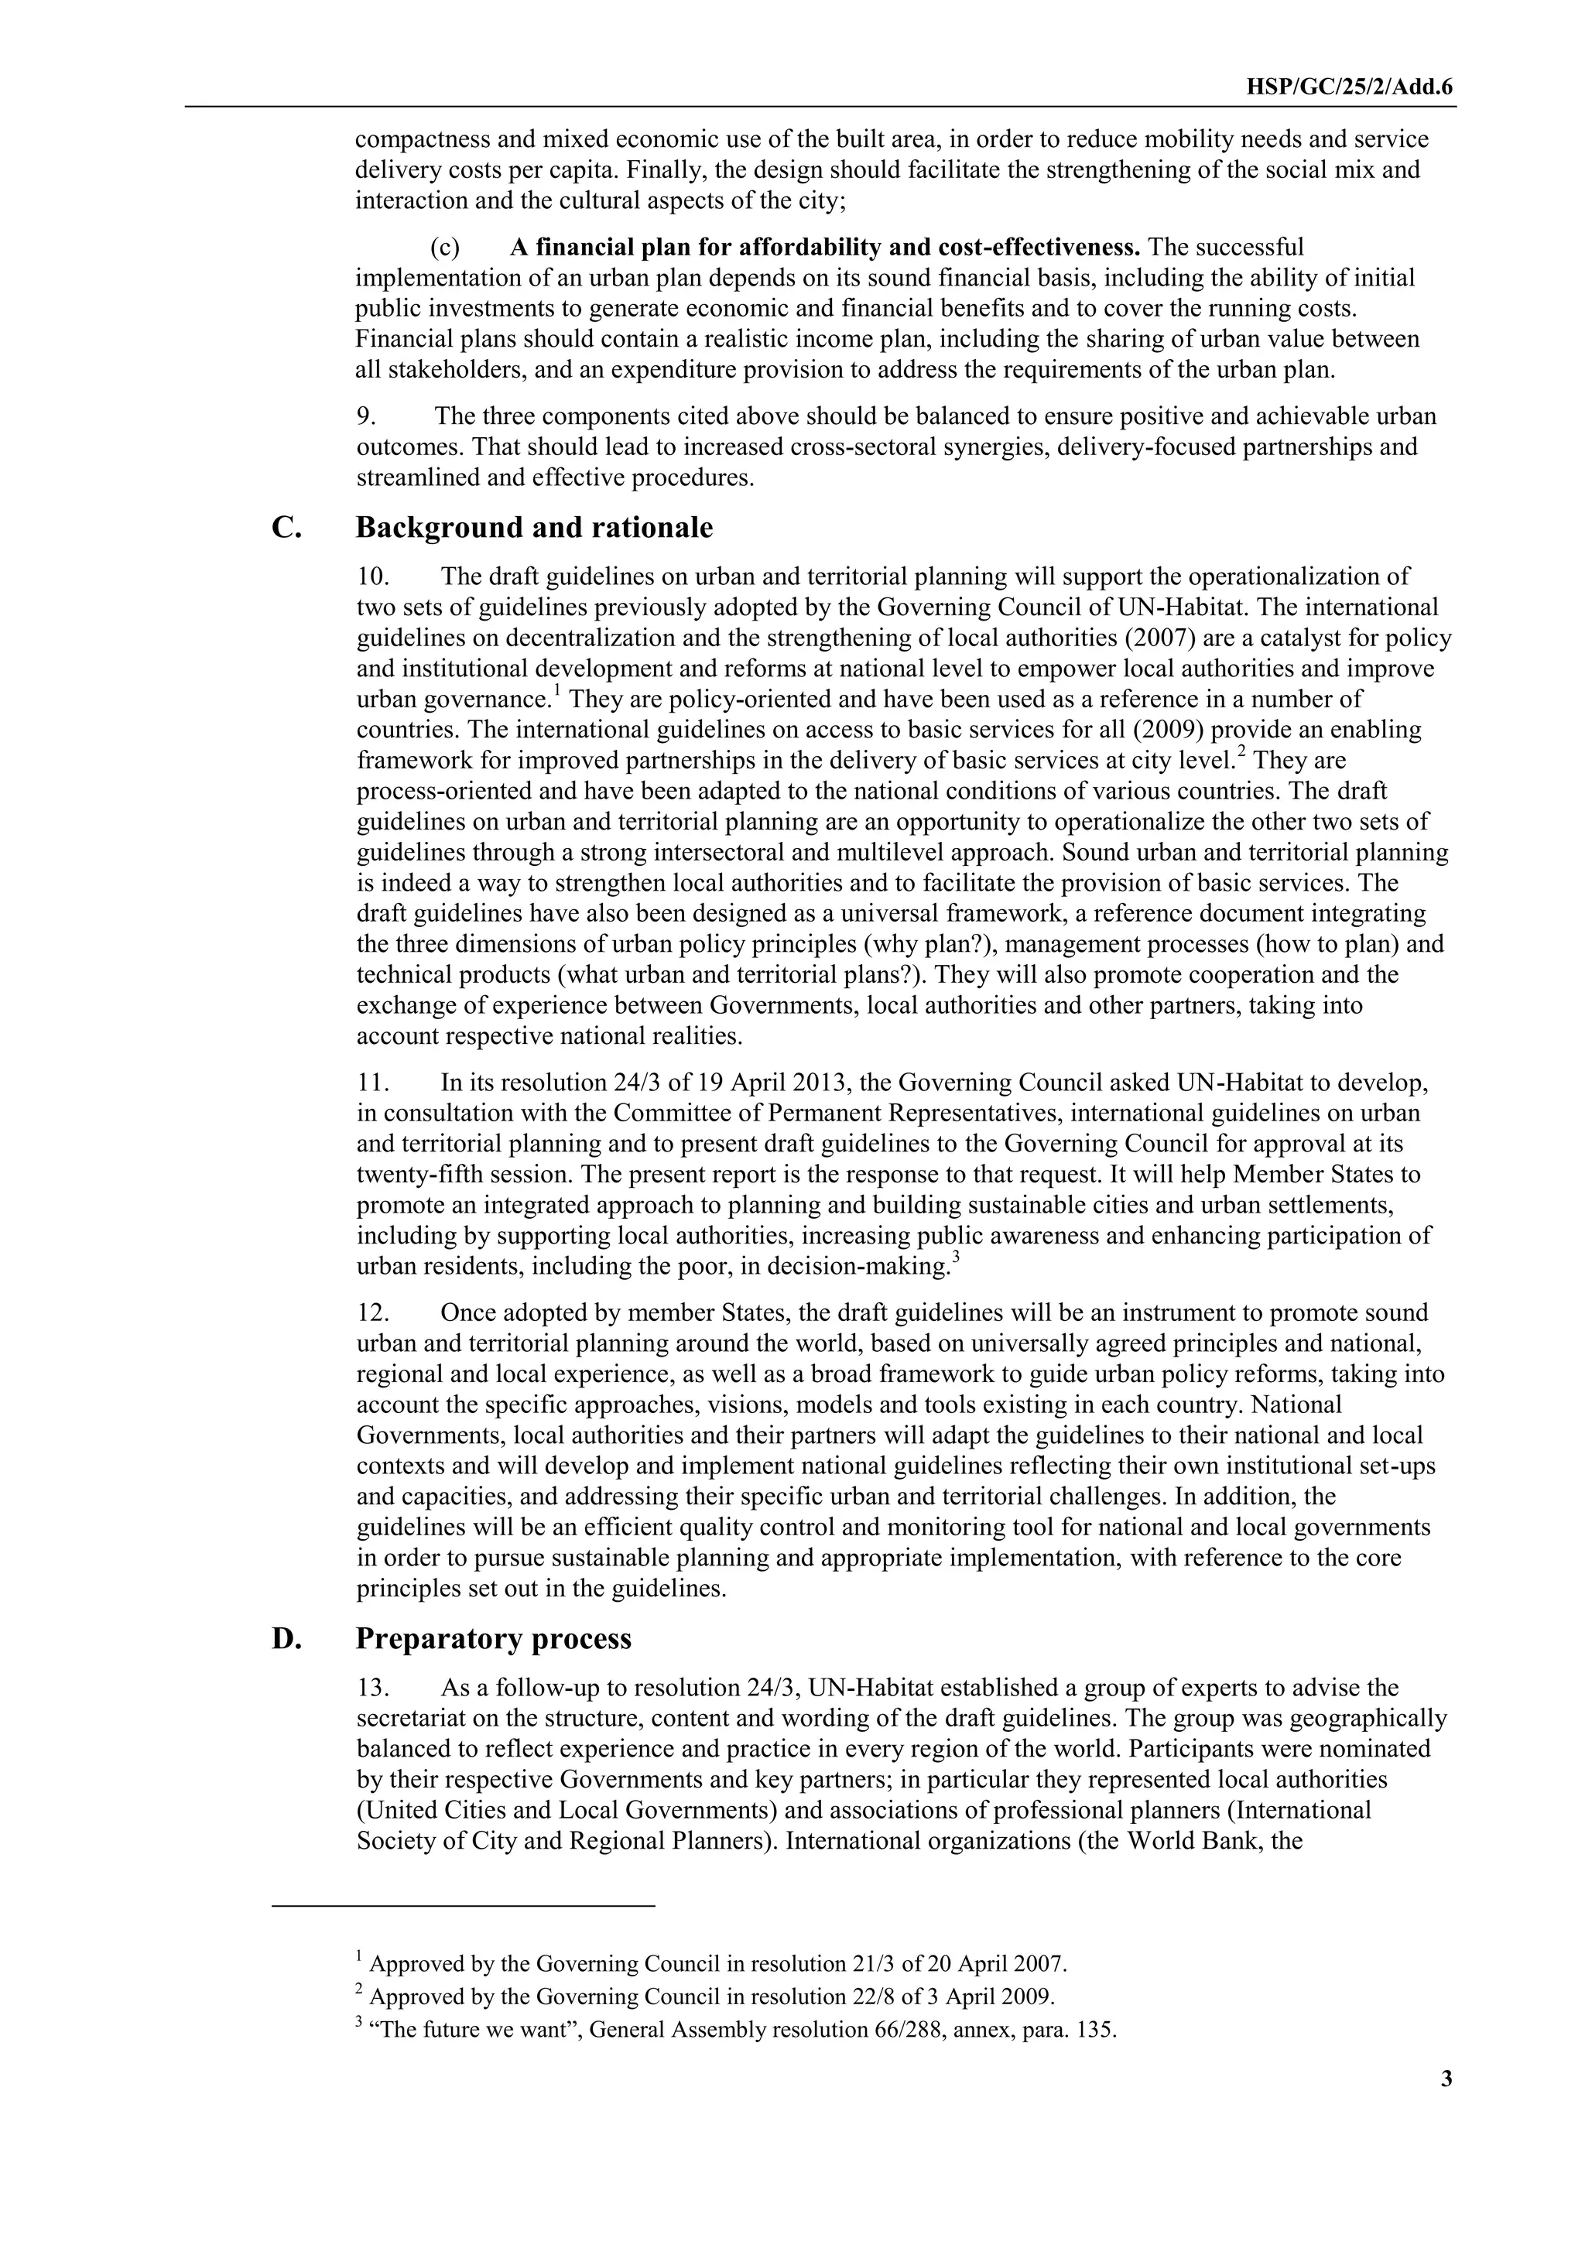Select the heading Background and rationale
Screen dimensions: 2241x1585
pyautogui.click(x=534, y=528)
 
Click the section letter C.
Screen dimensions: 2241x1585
pyautogui.click(x=286, y=528)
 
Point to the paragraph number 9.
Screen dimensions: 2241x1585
pyautogui.click(x=366, y=417)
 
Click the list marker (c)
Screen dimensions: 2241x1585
pyautogui.click(x=446, y=247)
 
